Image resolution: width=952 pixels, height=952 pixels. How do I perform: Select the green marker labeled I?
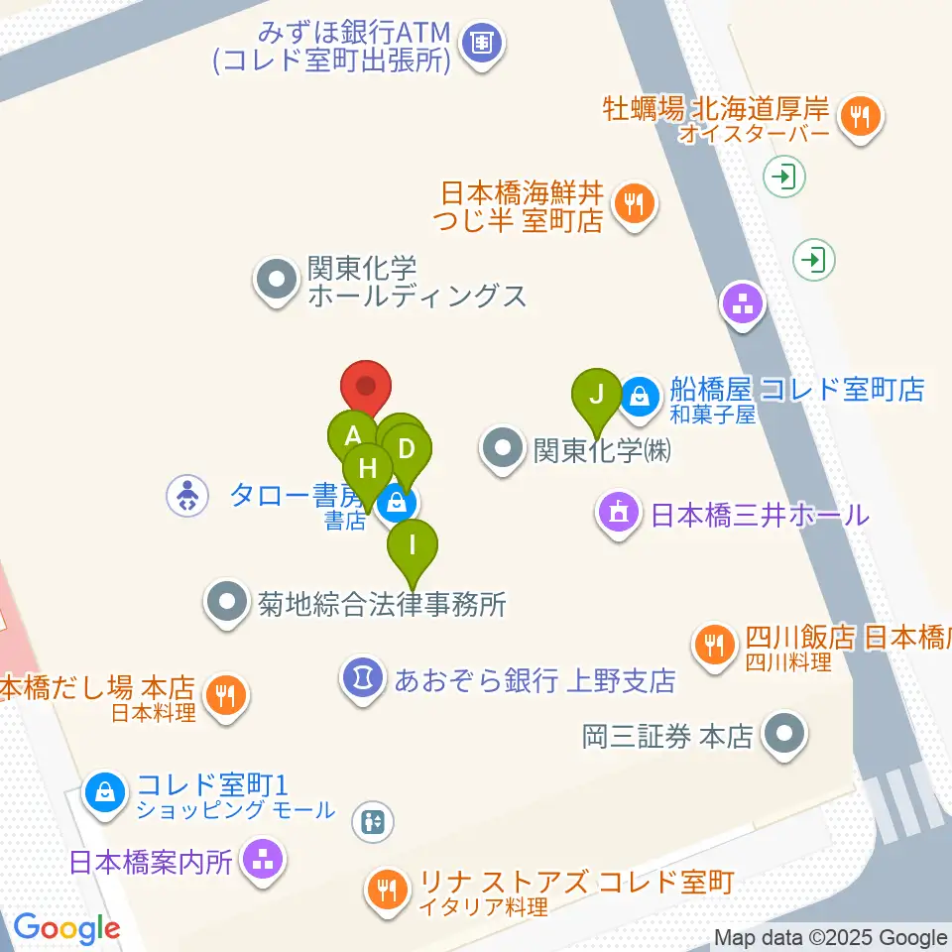pyautogui.click(x=412, y=546)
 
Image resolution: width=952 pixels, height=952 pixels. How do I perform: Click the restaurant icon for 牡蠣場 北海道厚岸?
pyautogui.click(x=860, y=118)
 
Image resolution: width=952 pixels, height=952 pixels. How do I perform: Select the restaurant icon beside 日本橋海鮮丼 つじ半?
pyautogui.click(x=633, y=204)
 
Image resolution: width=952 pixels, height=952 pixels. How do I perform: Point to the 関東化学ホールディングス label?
pyautogui.click(x=417, y=281)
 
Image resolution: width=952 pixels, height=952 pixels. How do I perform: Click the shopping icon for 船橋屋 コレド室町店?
pyautogui.click(x=642, y=396)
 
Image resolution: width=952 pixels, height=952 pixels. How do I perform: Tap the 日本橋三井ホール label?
pyautogui.click(x=759, y=515)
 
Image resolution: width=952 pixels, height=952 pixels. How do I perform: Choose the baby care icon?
pyautogui.click(x=186, y=495)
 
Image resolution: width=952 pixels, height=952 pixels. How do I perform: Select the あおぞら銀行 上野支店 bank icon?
pyautogui.click(x=363, y=678)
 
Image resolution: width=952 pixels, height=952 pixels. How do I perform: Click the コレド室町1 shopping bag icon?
pyautogui.click(x=104, y=790)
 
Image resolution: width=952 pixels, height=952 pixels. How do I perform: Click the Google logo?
pyautogui.click(x=66, y=928)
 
